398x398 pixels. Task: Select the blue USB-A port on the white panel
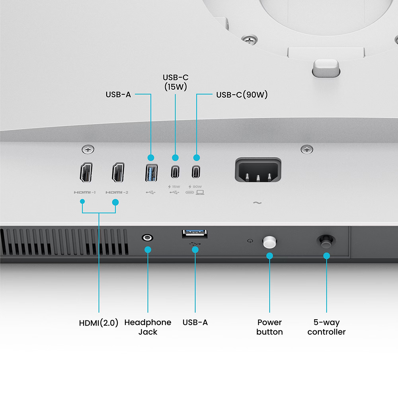(x=151, y=172)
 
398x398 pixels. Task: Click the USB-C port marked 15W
(x=175, y=172)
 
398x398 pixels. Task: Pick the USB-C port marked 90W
(x=196, y=172)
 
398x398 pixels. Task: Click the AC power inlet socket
(x=258, y=171)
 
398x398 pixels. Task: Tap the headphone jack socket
(x=147, y=238)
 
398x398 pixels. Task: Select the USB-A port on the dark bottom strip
(x=195, y=234)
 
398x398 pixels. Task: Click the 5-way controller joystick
(x=326, y=240)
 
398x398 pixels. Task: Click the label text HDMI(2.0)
(x=99, y=323)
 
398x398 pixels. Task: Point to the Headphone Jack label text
(x=148, y=327)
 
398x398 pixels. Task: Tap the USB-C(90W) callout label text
(x=242, y=95)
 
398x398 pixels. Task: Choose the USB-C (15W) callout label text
(x=175, y=82)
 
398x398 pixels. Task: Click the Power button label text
(x=269, y=327)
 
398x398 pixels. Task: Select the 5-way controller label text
(x=326, y=327)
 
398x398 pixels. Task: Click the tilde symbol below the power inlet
(x=258, y=203)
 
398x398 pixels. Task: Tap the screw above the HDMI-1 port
(x=88, y=150)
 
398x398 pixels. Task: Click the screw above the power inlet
(x=306, y=150)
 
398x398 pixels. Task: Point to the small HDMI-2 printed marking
(x=117, y=193)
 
